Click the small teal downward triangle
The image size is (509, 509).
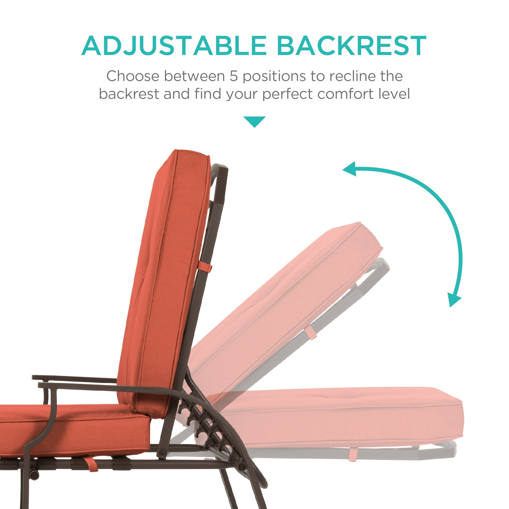(x=254, y=121)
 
